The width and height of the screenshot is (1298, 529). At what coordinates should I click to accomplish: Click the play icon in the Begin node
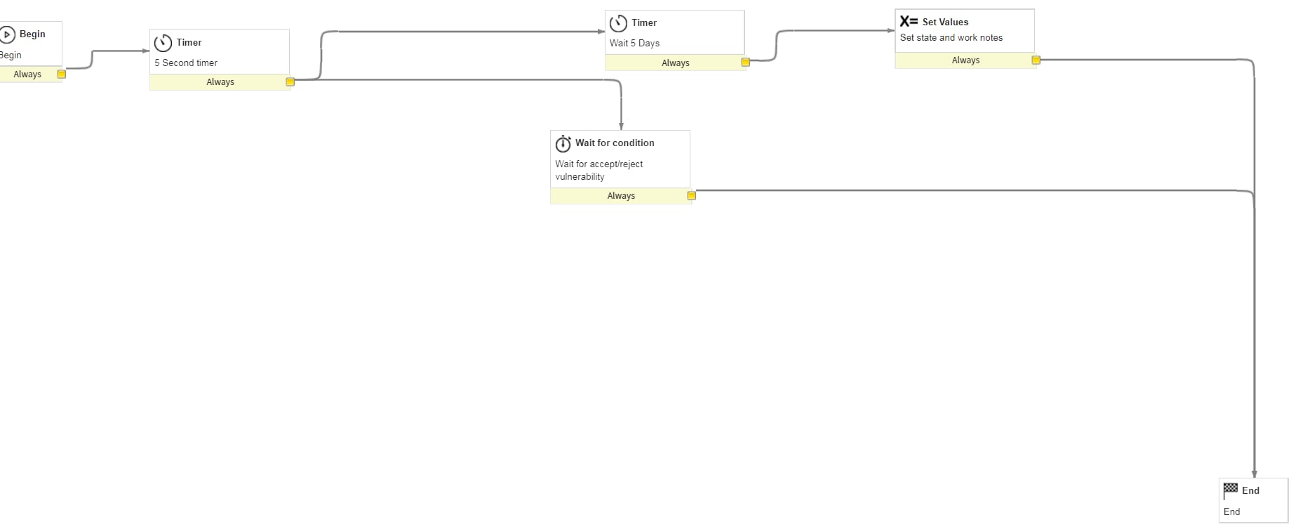pyautogui.click(x=8, y=34)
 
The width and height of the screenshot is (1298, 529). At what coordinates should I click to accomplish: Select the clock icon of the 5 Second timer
pyautogui.click(x=163, y=43)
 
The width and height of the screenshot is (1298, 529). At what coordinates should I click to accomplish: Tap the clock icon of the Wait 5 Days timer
pyautogui.click(x=618, y=23)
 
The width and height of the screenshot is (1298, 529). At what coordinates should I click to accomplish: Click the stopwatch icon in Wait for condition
pyautogui.click(x=563, y=144)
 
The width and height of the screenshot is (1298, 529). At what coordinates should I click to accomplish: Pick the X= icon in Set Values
pyautogui.click(x=909, y=22)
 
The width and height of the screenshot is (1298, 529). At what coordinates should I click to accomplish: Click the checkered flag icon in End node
pyautogui.click(x=1231, y=490)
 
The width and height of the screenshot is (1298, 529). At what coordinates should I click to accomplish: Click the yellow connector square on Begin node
pyautogui.click(x=62, y=74)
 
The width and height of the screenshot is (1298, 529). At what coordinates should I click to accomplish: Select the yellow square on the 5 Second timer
pyautogui.click(x=290, y=82)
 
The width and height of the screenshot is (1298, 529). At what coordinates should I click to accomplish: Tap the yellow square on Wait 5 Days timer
pyautogui.click(x=745, y=63)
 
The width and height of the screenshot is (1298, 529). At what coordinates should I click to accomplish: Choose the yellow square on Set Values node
pyautogui.click(x=1036, y=60)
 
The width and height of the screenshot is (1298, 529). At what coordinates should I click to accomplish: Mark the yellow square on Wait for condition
pyautogui.click(x=691, y=196)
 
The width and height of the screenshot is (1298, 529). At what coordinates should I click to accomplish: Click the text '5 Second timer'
pyautogui.click(x=186, y=63)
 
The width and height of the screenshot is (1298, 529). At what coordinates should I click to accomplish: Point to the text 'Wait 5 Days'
pyautogui.click(x=634, y=43)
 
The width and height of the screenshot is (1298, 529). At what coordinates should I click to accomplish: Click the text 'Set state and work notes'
pyautogui.click(x=951, y=38)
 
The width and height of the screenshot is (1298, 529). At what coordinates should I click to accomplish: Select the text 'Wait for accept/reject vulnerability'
pyautogui.click(x=598, y=170)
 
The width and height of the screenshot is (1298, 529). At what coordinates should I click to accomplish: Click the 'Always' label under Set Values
pyautogui.click(x=965, y=60)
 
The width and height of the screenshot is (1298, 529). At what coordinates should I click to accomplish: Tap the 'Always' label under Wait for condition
pyautogui.click(x=621, y=196)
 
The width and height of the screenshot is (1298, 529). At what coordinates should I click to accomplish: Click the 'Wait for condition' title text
pyautogui.click(x=615, y=143)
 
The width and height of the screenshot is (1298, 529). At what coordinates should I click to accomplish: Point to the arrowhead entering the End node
pyautogui.click(x=1254, y=474)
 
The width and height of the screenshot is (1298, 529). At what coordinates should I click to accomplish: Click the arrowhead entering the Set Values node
pyautogui.click(x=891, y=31)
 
